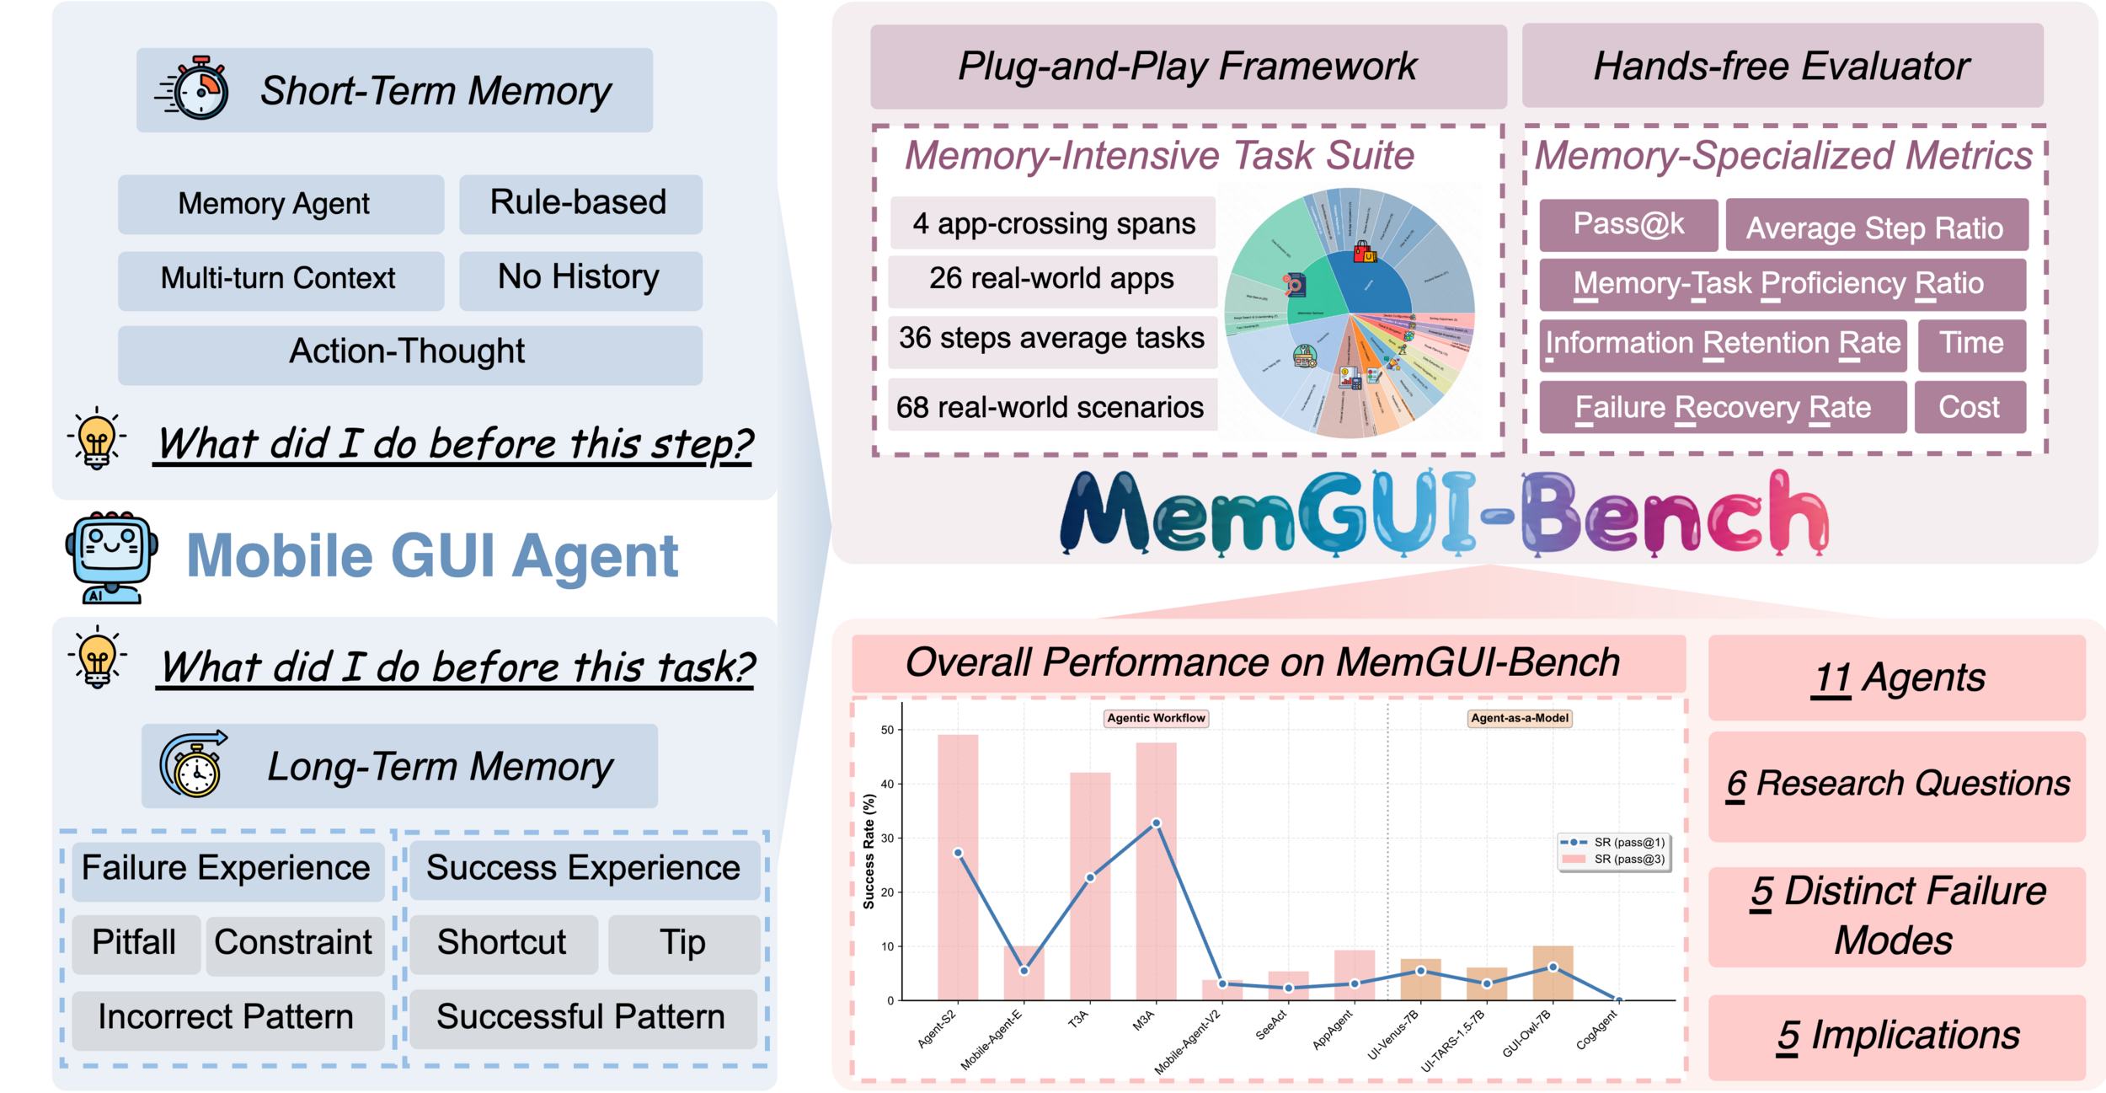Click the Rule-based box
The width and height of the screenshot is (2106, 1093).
pos(580,204)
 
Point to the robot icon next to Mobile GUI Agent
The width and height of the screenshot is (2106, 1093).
pos(112,557)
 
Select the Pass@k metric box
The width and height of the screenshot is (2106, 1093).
pos(1628,225)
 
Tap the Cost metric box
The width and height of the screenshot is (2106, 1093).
pos(1969,408)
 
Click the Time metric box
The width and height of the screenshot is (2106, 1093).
pos(1970,344)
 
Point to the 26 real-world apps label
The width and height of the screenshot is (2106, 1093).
pos(1051,280)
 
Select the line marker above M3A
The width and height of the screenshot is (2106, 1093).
pos(1156,823)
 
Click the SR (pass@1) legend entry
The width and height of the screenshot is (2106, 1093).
pos(1612,843)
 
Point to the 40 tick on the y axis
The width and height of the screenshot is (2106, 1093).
pos(887,785)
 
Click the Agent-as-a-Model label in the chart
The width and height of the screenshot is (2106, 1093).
pos(1520,719)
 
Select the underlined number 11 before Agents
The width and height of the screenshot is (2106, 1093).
pos(1831,678)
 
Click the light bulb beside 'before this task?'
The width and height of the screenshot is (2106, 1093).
pos(98,658)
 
